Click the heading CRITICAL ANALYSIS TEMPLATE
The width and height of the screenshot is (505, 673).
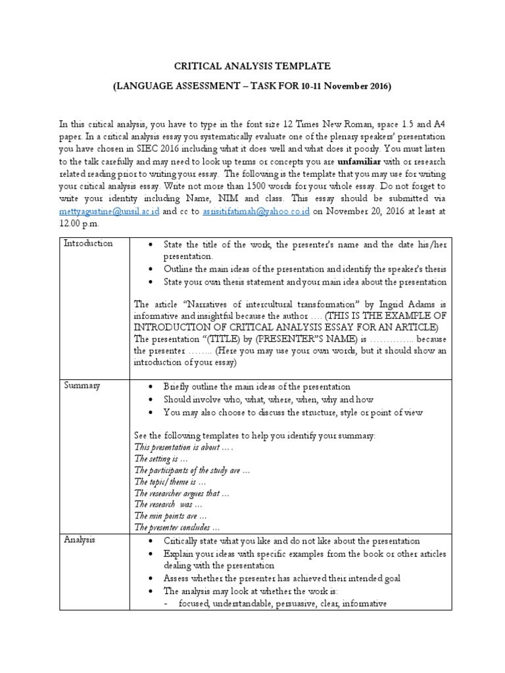coord(252,66)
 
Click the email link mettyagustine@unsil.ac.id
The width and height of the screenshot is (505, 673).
coord(105,212)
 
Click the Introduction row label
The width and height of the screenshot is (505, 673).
coord(88,244)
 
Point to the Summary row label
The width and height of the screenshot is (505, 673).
coord(82,386)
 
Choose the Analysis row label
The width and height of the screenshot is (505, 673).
coord(80,540)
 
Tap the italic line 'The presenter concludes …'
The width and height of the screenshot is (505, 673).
coord(176,527)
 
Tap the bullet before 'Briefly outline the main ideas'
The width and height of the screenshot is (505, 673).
coord(151,387)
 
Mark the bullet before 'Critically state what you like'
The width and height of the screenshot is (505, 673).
coord(151,541)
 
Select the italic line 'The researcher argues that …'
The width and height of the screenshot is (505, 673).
coord(181,493)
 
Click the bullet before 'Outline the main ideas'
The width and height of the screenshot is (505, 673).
coord(151,269)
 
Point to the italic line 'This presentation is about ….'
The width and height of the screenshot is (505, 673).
coord(183,447)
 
